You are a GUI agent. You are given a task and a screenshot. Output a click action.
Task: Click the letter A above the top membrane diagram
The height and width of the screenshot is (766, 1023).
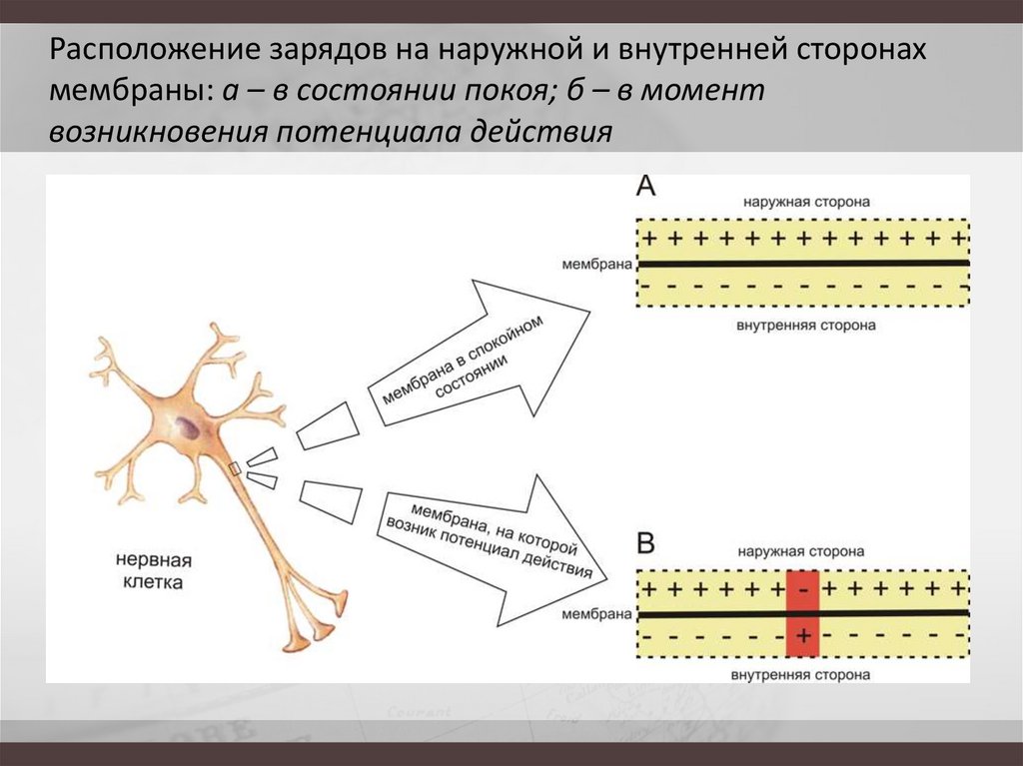point(646,186)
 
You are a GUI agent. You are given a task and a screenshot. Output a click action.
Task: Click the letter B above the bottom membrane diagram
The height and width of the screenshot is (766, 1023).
point(646,543)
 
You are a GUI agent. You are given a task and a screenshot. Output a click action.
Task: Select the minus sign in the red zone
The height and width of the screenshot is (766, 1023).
point(803,589)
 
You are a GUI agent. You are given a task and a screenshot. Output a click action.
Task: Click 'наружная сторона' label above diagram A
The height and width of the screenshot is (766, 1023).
point(806,202)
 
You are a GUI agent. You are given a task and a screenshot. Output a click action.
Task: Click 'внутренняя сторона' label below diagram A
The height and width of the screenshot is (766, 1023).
point(806,326)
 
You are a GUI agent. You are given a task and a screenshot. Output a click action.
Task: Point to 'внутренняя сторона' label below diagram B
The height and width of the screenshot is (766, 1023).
point(804,675)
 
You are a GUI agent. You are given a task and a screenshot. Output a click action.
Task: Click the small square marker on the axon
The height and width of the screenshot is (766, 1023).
point(236,467)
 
